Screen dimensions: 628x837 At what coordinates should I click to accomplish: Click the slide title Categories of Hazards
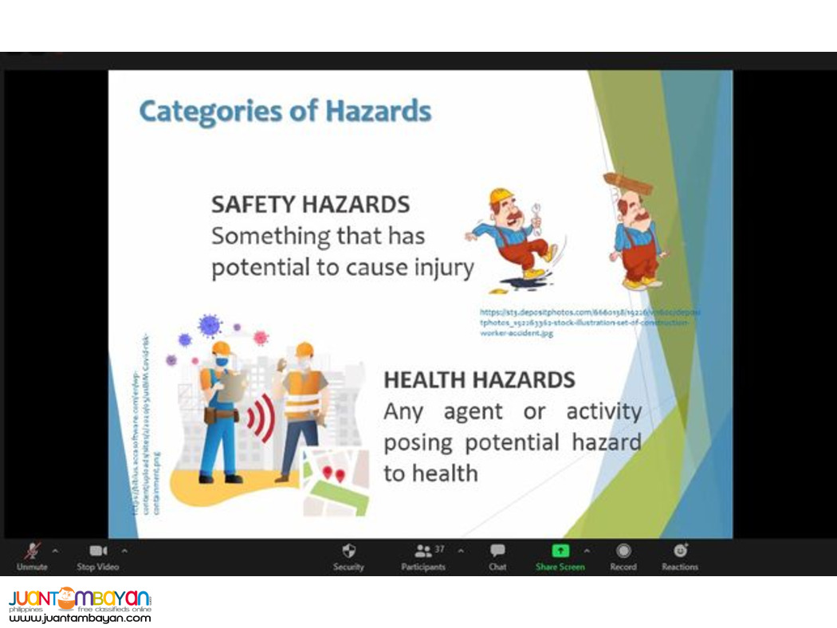(x=285, y=111)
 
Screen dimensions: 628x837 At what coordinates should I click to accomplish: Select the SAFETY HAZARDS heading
(x=310, y=204)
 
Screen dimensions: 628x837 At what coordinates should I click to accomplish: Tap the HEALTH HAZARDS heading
(x=479, y=380)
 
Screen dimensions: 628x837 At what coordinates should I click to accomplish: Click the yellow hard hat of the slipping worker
(x=501, y=196)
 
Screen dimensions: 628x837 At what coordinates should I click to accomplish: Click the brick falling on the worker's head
(x=627, y=183)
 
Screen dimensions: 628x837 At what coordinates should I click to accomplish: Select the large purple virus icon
(x=210, y=324)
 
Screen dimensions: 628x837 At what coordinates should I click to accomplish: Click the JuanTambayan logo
(x=80, y=604)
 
